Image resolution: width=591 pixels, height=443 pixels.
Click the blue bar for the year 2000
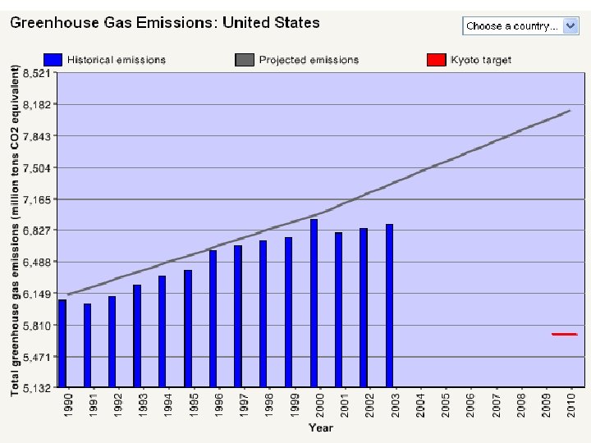(314, 303)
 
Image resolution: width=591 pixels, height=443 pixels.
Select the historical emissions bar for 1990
(62, 343)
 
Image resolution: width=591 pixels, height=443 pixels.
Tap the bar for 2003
(389, 305)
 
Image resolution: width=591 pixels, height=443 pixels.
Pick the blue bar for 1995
(188, 328)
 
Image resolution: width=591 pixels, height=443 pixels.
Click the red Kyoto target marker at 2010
(564, 334)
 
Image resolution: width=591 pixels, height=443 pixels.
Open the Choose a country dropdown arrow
(570, 26)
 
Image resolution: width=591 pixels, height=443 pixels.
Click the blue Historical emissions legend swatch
(53, 60)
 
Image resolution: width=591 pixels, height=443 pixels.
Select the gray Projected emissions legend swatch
(245, 60)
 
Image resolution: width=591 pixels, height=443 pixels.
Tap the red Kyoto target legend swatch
(437, 60)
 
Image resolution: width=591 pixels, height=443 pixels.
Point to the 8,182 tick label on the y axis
(37, 104)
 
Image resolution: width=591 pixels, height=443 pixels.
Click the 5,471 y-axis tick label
(37, 357)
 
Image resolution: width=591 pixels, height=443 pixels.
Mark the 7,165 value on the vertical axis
(37, 199)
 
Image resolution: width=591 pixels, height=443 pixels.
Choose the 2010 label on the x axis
(571, 405)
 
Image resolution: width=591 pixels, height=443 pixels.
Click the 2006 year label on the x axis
(470, 405)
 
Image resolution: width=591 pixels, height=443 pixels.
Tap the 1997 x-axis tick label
(244, 405)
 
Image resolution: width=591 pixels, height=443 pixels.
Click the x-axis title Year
(321, 427)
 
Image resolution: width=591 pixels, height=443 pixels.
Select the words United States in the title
(271, 23)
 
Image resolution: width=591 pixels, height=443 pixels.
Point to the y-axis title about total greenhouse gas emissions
(15, 231)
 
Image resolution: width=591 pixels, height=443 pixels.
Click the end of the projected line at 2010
(570, 111)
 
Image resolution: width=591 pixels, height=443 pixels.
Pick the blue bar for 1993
(137, 336)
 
